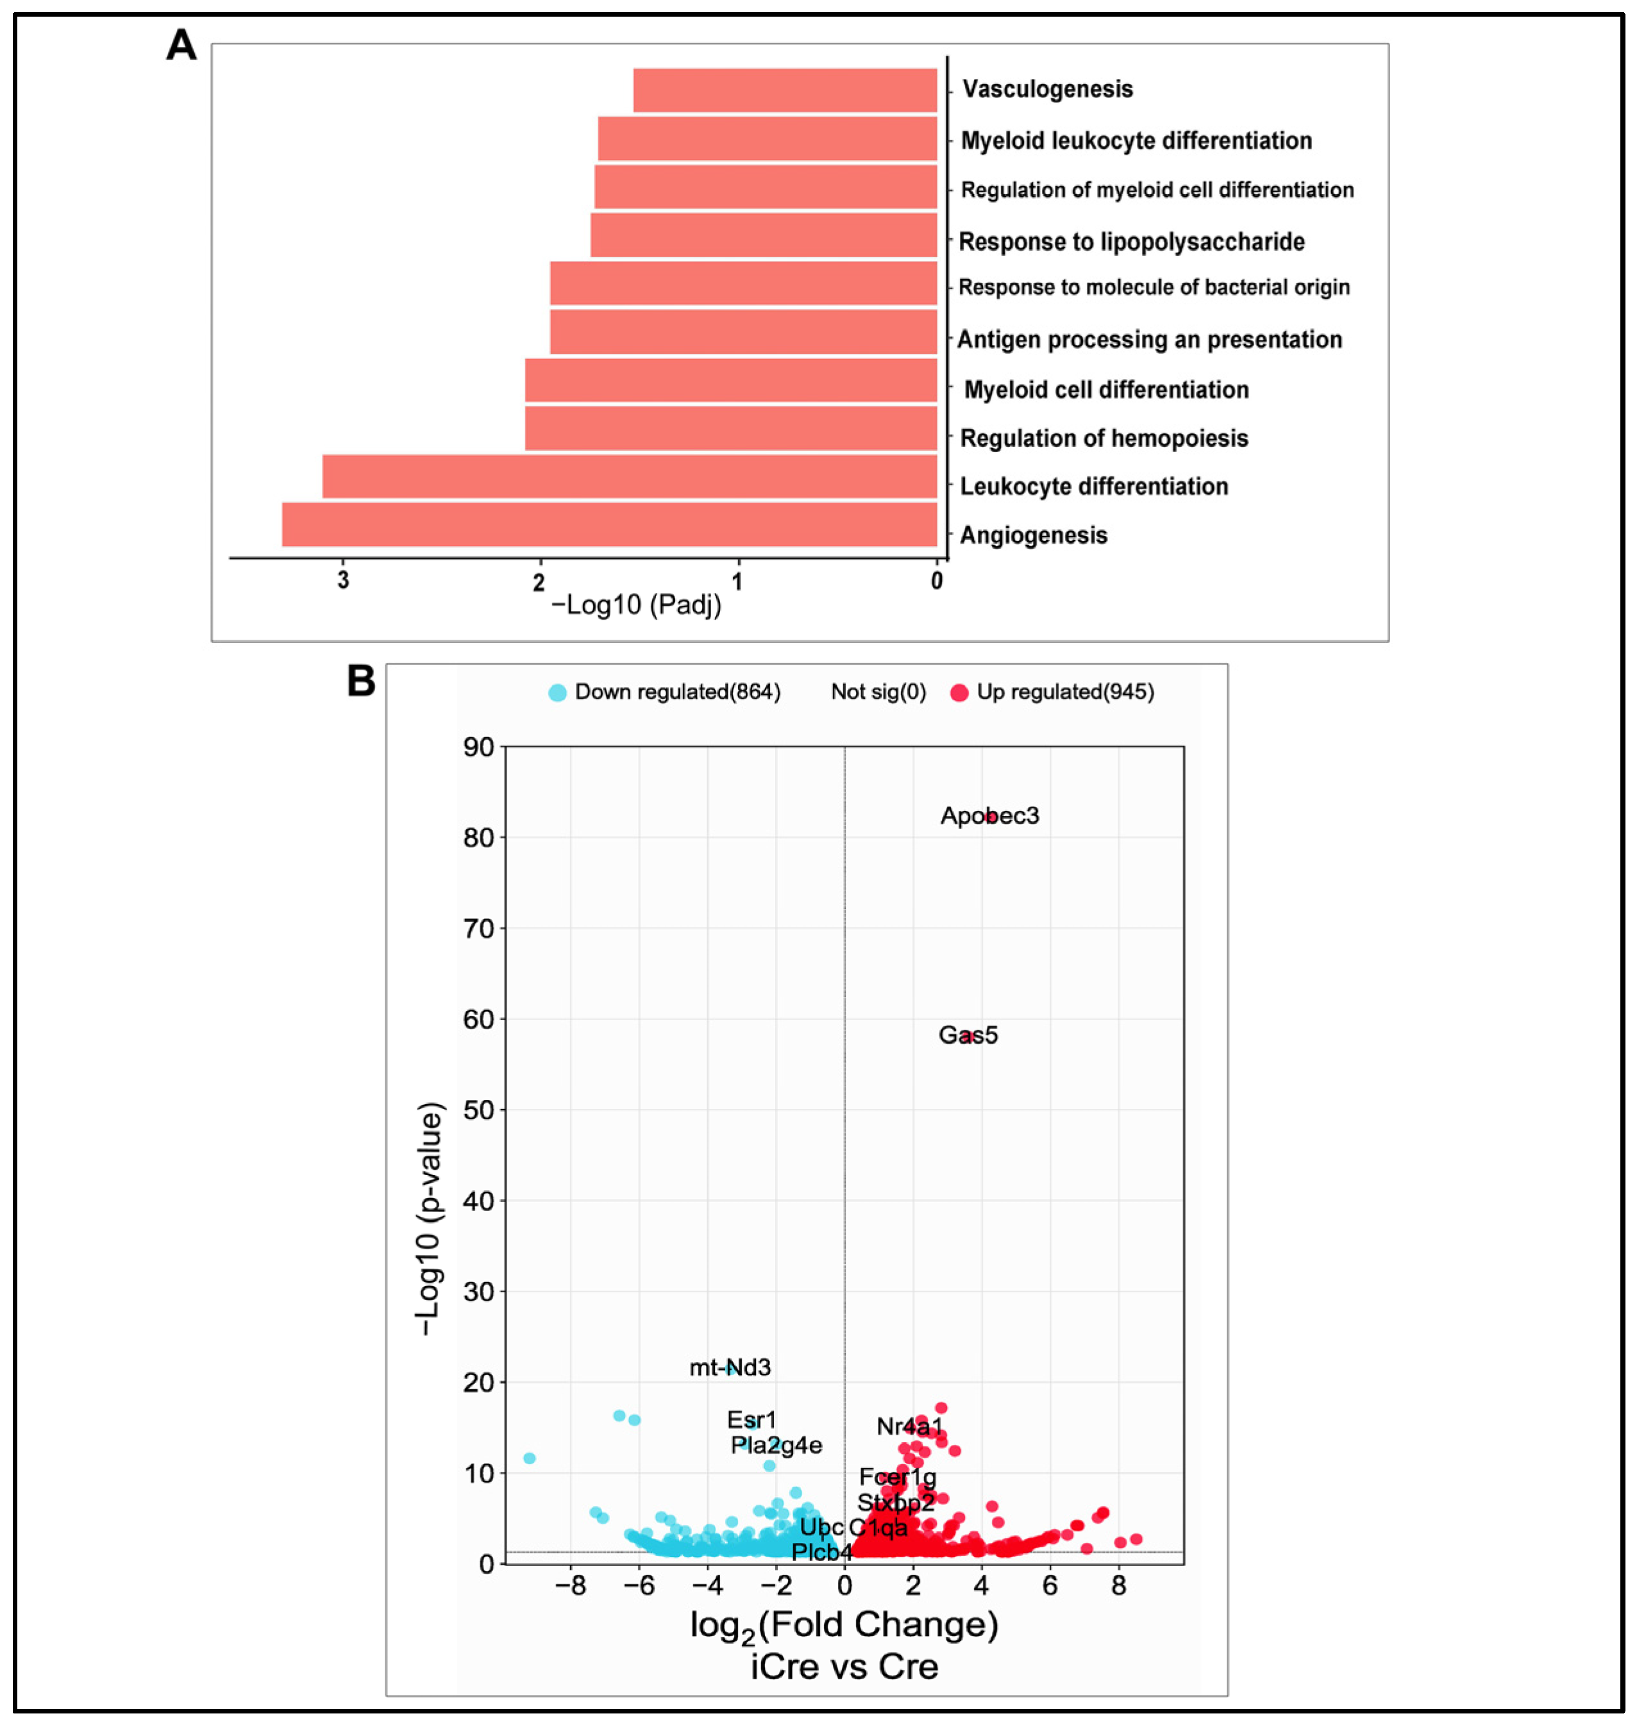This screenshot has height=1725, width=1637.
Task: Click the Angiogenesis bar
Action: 609,524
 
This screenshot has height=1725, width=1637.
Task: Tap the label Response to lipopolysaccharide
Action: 1131,242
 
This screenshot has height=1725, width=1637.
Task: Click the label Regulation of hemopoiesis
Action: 1104,438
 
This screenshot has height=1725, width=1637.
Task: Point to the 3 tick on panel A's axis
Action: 343,580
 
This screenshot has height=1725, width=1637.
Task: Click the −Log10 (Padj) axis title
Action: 636,604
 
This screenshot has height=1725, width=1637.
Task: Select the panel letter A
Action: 181,44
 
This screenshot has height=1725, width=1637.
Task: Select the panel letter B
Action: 361,681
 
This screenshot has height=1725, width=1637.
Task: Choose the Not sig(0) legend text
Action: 878,692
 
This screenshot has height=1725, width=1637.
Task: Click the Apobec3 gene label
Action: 989,816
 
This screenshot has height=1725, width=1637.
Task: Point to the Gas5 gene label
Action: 968,1035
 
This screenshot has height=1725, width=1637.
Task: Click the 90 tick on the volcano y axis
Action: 479,747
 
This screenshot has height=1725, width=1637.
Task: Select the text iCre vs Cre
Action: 844,1667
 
